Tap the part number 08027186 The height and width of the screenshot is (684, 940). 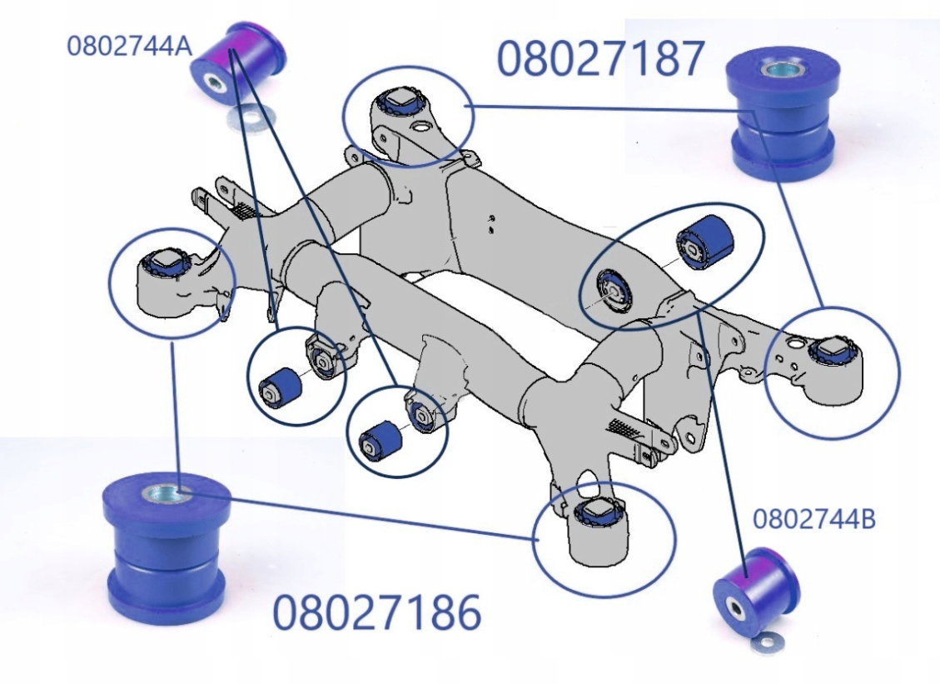pos(377,614)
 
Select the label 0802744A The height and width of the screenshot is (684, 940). pos(129,44)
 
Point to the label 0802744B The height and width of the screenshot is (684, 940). pos(813,518)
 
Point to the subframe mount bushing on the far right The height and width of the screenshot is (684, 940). pos(833,350)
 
